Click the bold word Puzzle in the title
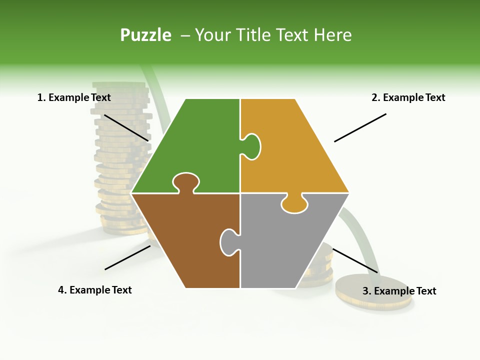coord(145,35)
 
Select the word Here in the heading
coord(332,35)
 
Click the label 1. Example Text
coord(74,97)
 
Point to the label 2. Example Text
coord(408,97)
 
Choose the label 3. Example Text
coord(399,291)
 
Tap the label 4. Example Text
coord(95,290)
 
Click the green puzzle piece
coord(195,145)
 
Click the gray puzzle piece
coord(285,245)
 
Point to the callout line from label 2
coord(360,127)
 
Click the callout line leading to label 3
coord(355,260)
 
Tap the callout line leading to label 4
coord(127,257)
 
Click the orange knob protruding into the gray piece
coord(294,204)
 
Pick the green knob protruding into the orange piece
coord(251,146)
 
